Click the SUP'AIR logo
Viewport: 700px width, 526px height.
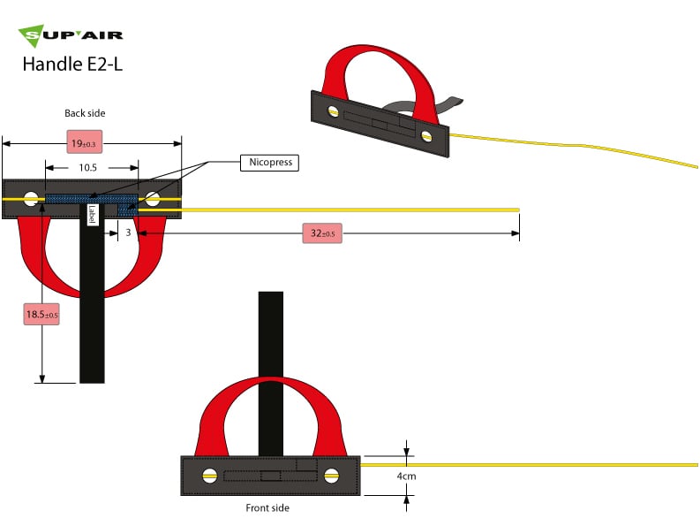[x=71, y=36]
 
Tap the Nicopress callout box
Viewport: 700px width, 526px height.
[x=268, y=163]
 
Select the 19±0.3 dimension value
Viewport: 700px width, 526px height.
[x=87, y=141]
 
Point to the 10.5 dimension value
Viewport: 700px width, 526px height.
[x=87, y=167]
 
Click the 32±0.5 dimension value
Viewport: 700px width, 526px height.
[x=322, y=233]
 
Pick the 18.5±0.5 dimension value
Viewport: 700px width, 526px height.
[x=41, y=314]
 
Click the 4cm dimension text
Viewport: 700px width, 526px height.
[x=406, y=476]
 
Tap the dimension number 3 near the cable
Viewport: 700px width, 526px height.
[x=127, y=233]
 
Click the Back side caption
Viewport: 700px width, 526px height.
[x=85, y=113]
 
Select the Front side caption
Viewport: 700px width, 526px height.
[x=267, y=508]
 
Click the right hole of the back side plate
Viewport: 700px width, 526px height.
[x=153, y=199]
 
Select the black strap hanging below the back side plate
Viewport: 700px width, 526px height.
[x=92, y=309]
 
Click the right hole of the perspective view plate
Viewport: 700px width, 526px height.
[x=427, y=136]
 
